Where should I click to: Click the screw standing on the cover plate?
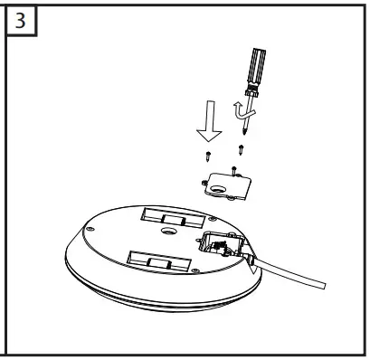233,167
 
